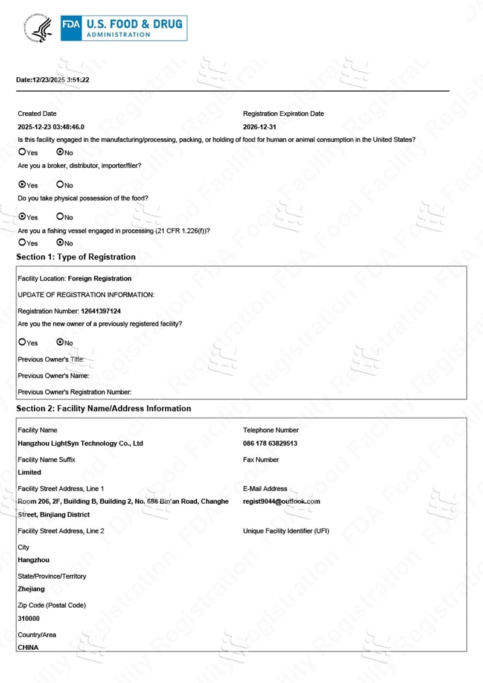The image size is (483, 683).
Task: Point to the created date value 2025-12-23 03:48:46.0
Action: click(51, 127)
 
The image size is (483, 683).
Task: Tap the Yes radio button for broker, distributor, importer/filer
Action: click(22, 185)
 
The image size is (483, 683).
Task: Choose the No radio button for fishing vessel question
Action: click(60, 243)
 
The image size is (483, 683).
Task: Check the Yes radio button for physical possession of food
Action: click(22, 217)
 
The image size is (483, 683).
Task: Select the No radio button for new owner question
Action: click(60, 342)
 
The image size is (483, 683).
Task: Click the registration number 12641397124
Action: click(101, 311)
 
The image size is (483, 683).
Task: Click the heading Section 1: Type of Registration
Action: click(76, 257)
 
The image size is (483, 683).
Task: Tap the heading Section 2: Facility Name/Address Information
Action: click(104, 408)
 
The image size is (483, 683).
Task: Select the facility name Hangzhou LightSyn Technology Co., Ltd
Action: click(80, 443)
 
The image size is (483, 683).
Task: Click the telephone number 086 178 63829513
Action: click(270, 443)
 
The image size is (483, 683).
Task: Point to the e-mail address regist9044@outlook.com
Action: click(281, 501)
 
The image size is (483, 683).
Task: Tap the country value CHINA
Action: click(28, 647)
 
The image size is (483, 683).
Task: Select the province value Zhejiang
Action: click(31, 589)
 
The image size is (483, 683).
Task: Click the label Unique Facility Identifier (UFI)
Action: click(286, 531)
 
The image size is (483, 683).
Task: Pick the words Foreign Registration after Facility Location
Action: click(100, 279)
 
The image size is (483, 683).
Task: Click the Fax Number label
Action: click(261, 460)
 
